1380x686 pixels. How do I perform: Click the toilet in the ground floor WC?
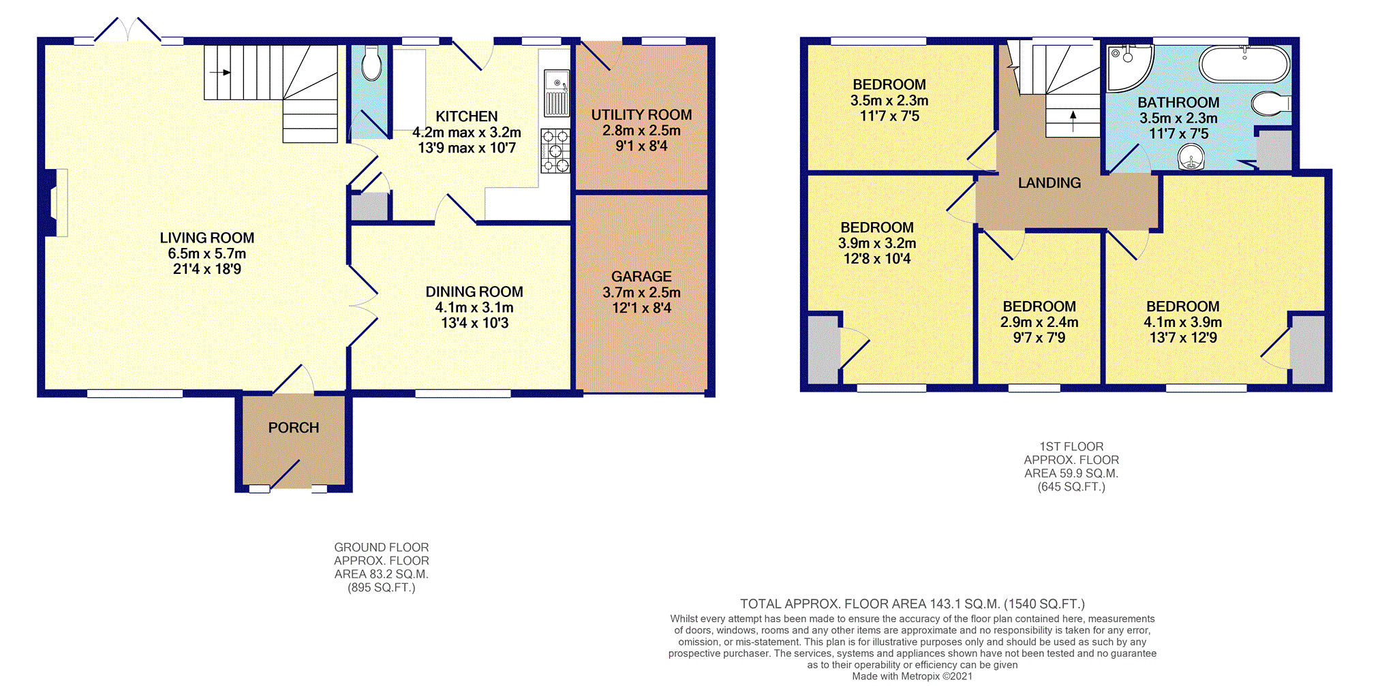371,63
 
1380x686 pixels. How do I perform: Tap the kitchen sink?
557,93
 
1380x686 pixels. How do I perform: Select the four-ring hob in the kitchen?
555,151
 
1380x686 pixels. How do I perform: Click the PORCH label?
293,428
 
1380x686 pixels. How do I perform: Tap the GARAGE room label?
641,277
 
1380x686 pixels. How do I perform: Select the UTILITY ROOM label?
641,115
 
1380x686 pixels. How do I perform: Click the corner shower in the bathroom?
1127,67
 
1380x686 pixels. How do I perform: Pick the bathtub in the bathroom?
1244,65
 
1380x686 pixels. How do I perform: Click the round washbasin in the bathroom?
1191,158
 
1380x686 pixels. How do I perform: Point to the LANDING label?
1049,183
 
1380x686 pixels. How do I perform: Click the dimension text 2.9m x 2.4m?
1039,322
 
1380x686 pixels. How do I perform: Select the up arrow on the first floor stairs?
1073,121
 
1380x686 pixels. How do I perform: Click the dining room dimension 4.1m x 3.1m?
474,307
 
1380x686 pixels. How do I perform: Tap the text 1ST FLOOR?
1071,447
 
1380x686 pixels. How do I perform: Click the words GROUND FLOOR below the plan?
381,548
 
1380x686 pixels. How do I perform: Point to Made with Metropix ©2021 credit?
912,676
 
